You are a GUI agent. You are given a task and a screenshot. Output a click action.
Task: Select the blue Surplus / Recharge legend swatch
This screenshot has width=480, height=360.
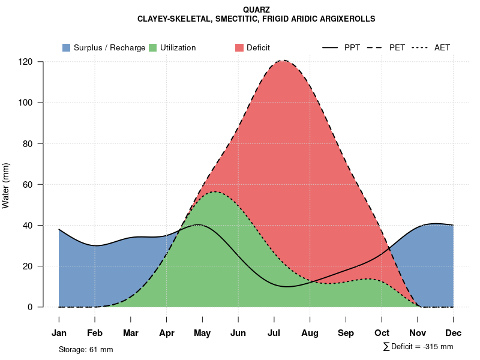(x=66, y=47)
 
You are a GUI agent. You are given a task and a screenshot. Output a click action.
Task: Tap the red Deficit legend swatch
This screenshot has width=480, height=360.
(x=239, y=47)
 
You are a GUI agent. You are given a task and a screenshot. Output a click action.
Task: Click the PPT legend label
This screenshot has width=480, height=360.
(x=352, y=47)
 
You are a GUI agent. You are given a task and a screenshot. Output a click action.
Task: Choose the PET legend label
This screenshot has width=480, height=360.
(x=397, y=47)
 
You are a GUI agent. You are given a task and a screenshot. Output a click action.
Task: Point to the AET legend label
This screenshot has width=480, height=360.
(x=442, y=47)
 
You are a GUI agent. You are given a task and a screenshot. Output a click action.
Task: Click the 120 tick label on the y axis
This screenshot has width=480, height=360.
(x=26, y=62)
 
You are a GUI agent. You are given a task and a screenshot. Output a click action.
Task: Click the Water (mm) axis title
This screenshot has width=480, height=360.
(x=6, y=185)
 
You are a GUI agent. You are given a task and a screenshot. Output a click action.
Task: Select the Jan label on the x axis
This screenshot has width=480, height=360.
(x=59, y=333)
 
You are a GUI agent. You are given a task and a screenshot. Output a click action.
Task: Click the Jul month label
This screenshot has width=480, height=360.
(x=274, y=333)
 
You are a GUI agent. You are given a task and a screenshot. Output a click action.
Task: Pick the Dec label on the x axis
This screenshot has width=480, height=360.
(x=454, y=333)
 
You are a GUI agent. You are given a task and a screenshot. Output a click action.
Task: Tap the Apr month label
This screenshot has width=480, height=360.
(x=166, y=333)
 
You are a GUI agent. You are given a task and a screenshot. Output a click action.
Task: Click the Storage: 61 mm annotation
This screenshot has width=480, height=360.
(x=86, y=349)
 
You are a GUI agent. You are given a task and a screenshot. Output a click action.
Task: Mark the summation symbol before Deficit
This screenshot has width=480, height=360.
(x=386, y=347)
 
